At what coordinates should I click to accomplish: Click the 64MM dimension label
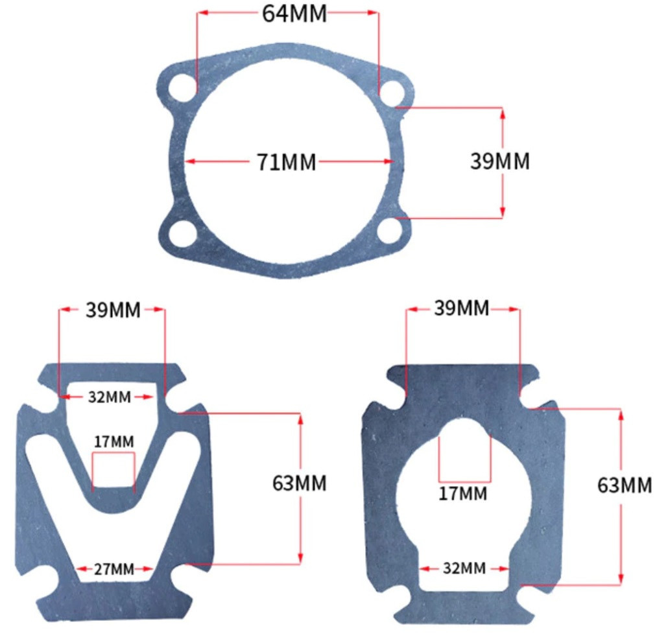point(294,14)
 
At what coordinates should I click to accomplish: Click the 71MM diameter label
point(286,162)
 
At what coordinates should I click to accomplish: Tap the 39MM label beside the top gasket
point(500,161)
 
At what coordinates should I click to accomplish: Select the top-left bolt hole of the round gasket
point(182,89)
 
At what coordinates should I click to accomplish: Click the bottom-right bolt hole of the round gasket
point(390,231)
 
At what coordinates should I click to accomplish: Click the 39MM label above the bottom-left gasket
point(113,310)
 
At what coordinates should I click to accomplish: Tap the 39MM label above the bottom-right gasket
point(461,308)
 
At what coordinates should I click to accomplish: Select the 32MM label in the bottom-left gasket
point(110,397)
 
